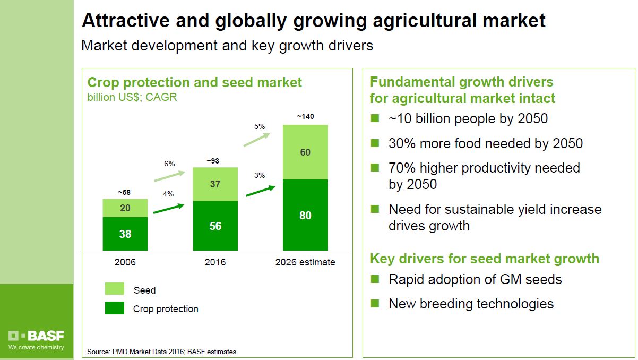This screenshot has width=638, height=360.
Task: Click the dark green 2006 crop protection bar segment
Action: (x=125, y=234)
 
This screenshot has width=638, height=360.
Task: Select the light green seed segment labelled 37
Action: (x=215, y=184)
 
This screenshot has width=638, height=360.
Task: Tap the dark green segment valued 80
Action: (x=305, y=215)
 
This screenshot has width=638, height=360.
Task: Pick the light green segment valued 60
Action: (x=305, y=152)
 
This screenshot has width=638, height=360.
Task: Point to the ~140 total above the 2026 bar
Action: (x=305, y=116)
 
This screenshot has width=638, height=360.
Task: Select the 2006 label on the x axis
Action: (x=125, y=262)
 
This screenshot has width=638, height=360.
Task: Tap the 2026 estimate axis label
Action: (x=305, y=262)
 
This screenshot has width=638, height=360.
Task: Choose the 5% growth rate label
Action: (x=260, y=126)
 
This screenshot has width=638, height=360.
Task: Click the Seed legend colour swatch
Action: (x=115, y=289)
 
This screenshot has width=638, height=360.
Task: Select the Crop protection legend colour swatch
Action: (x=115, y=308)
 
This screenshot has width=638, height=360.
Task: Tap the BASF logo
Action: (x=36, y=336)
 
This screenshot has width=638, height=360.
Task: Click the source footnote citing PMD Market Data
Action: (x=162, y=352)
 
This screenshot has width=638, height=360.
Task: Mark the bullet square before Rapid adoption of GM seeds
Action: (x=375, y=279)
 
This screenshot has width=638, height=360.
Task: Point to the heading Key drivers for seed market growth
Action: (x=484, y=259)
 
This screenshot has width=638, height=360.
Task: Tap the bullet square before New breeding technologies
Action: (x=375, y=303)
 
